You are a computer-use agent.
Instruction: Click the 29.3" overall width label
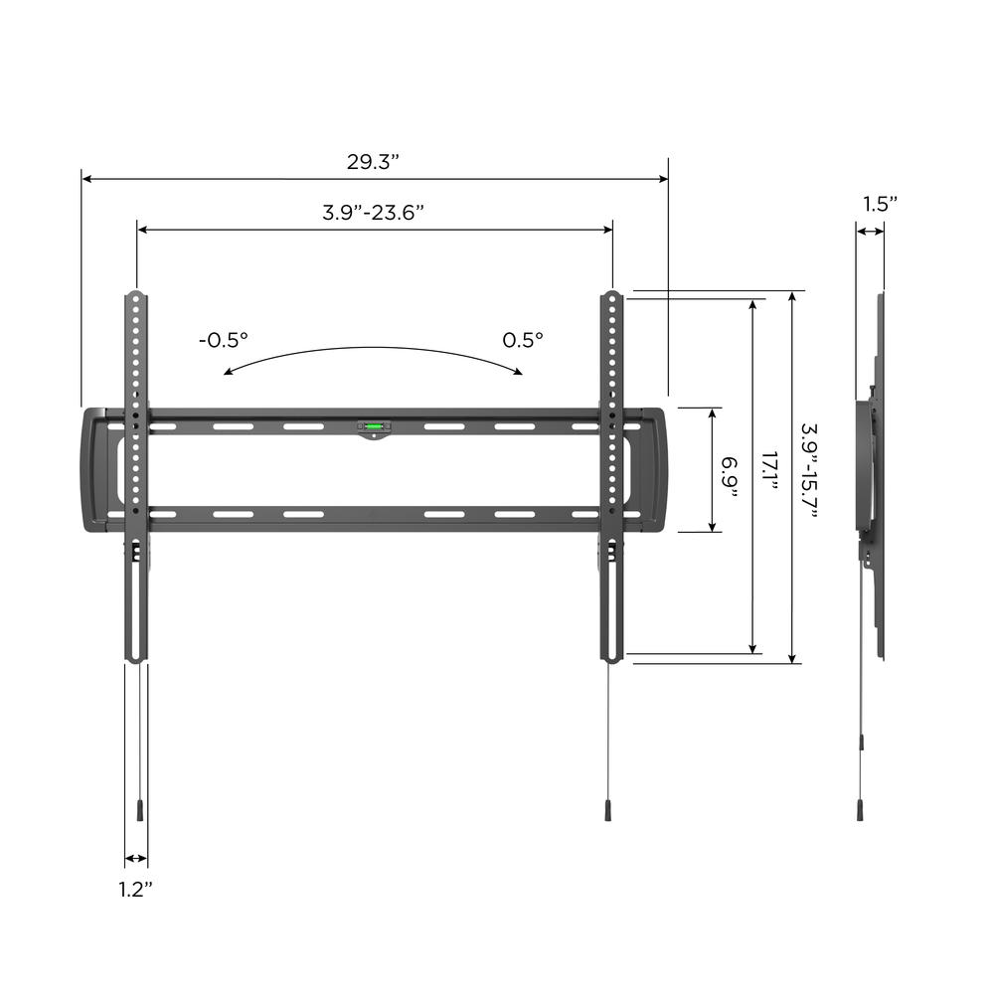(x=373, y=162)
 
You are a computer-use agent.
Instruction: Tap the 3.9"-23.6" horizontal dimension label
(x=373, y=212)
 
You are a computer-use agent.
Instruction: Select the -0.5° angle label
(x=223, y=340)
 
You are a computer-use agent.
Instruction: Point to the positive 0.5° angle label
(x=523, y=340)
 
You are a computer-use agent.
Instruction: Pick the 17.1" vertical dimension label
(x=769, y=470)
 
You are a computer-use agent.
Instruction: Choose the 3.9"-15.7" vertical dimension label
(x=809, y=470)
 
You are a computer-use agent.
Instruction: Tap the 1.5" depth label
(x=880, y=204)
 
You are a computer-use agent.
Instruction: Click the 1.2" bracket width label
(x=135, y=890)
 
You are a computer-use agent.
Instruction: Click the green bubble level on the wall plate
(x=374, y=426)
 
